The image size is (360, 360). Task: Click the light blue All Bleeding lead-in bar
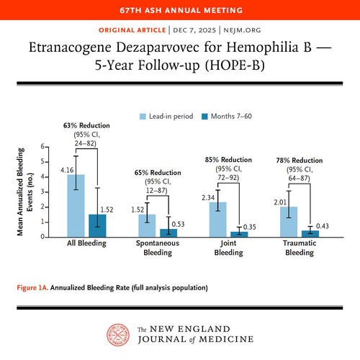(76, 206)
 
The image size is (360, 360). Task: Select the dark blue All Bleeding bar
(97, 225)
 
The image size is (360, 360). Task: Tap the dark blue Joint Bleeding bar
(239, 235)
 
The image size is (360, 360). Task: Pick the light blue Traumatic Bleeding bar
(289, 222)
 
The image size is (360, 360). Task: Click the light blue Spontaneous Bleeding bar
(147, 226)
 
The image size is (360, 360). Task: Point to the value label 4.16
(67, 170)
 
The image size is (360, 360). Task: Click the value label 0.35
(250, 227)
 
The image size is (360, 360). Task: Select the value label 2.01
(280, 202)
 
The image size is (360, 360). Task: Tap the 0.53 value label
(178, 224)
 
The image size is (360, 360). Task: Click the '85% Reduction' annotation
(228, 160)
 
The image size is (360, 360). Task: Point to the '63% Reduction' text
(86, 125)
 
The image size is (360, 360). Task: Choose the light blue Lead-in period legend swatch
(143, 117)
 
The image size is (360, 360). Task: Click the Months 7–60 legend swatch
(204, 117)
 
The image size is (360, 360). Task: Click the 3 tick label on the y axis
(42, 192)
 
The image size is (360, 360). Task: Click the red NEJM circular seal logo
(118, 335)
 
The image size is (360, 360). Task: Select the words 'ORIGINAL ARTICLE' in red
(132, 30)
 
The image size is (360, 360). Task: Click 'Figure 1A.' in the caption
(32, 287)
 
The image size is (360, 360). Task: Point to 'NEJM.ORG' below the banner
(242, 30)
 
